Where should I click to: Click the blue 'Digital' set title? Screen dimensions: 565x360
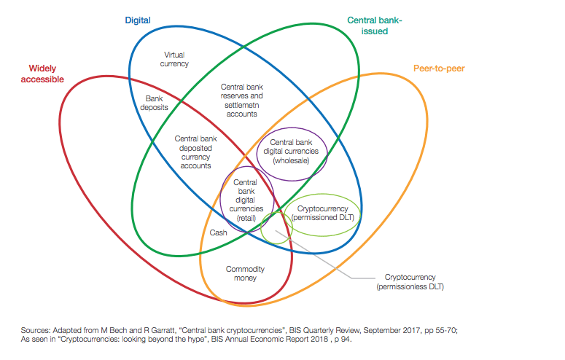(138, 20)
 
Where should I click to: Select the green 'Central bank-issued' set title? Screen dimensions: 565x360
(375, 26)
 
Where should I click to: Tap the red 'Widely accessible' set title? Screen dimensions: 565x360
(42, 74)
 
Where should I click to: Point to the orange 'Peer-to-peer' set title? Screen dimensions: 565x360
(439, 69)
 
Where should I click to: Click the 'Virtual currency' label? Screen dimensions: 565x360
(174, 59)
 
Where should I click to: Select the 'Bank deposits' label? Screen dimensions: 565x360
(155, 103)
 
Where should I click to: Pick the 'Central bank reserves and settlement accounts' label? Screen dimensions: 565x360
(242, 100)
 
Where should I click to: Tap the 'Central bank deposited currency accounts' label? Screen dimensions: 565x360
(195, 152)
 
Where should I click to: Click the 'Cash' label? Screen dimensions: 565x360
(219, 232)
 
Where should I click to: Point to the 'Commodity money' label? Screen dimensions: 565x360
(245, 273)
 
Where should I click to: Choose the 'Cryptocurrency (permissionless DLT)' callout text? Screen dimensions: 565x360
(410, 282)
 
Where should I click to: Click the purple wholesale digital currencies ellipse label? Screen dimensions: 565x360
(291, 152)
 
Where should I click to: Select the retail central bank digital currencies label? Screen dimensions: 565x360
(246, 200)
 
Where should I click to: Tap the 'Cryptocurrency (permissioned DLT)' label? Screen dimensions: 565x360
(322, 213)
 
